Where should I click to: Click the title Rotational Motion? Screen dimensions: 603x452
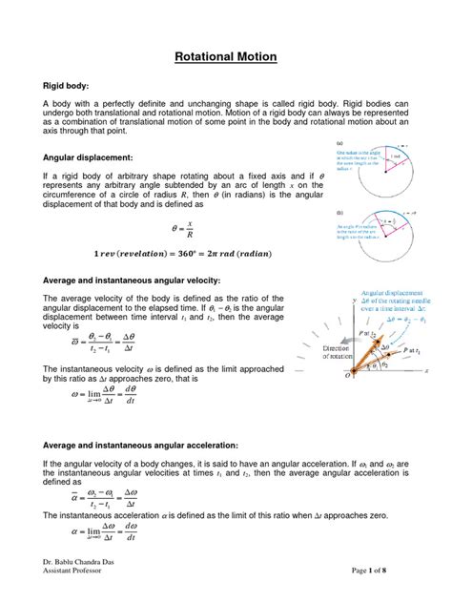click(x=226, y=57)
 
